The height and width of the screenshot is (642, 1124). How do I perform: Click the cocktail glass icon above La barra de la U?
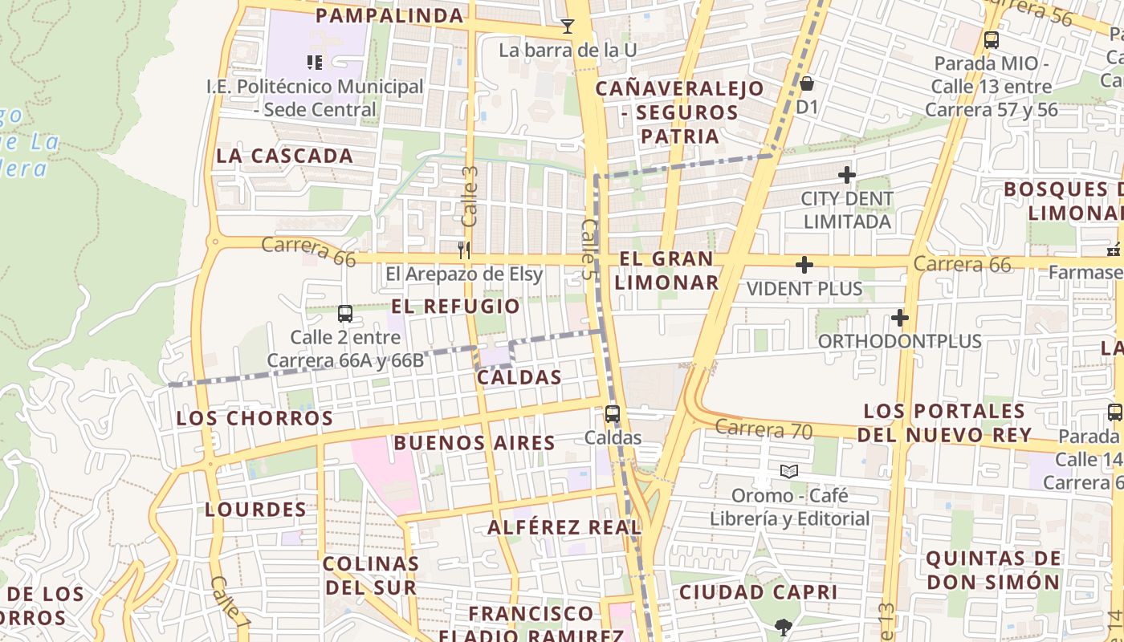click(x=568, y=26)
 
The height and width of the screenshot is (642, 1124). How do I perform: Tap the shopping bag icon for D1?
click(x=807, y=83)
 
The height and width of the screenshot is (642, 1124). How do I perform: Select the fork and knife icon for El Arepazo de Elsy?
click(x=463, y=250)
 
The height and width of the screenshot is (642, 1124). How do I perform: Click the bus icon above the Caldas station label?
click(x=613, y=414)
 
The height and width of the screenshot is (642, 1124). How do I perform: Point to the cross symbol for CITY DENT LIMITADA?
click(x=846, y=174)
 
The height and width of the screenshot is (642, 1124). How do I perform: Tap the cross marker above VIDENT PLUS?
click(x=804, y=265)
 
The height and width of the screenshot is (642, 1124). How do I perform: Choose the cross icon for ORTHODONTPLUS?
click(x=899, y=318)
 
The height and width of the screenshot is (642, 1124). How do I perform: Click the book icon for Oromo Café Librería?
click(x=789, y=471)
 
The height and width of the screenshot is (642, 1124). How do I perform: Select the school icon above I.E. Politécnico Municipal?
click(x=314, y=62)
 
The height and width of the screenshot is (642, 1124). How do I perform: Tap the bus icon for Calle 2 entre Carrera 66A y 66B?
click(x=345, y=314)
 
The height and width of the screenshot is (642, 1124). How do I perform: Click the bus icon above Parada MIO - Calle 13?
click(x=992, y=39)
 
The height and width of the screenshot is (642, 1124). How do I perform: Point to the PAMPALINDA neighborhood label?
click(x=389, y=15)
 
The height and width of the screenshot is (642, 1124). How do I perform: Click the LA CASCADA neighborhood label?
click(x=285, y=156)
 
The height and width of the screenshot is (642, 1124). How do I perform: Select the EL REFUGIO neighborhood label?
click(x=455, y=306)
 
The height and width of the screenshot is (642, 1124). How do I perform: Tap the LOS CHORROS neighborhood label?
click(x=255, y=418)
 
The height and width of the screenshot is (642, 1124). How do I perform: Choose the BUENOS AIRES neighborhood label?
click(x=474, y=442)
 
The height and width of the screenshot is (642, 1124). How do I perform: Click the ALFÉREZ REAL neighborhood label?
click(x=564, y=527)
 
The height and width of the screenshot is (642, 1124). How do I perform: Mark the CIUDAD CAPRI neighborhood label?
click(x=758, y=592)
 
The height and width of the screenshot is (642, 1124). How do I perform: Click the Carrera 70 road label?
click(x=764, y=429)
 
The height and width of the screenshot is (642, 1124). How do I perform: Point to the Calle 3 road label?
click(x=470, y=197)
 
